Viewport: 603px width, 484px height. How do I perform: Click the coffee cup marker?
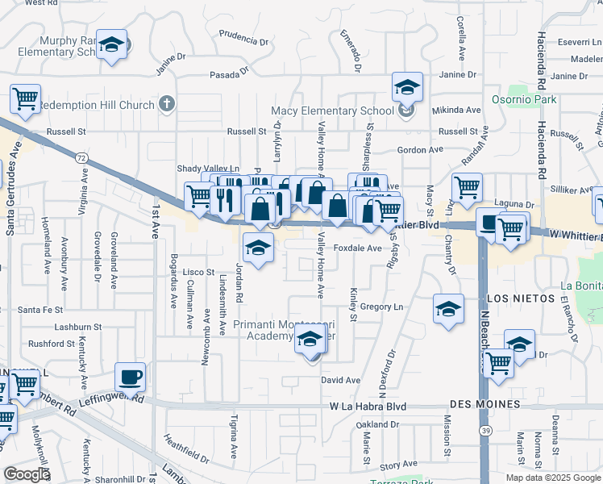tap(130, 376)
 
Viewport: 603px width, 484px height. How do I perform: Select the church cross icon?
tap(167, 103)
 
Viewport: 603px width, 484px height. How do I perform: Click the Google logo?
tap(27, 474)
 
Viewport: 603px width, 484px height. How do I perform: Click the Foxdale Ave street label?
tap(357, 248)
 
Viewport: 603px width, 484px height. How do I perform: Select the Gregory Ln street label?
tap(381, 307)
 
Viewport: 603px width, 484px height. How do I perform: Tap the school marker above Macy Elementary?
tap(407, 86)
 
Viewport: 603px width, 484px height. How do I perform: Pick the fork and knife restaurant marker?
tap(225, 198)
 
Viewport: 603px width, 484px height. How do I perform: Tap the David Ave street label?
tap(340, 380)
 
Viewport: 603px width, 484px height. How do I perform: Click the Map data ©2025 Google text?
tap(553, 478)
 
